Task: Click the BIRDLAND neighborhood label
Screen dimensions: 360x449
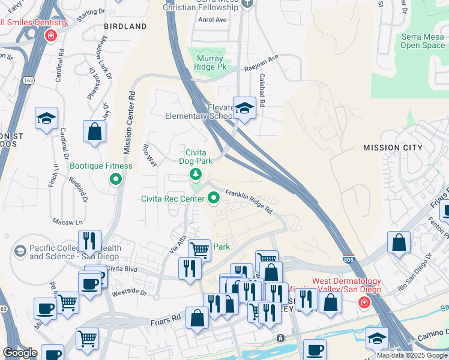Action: (125, 27)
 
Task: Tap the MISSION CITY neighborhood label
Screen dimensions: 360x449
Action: (393, 148)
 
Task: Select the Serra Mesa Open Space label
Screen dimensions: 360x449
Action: (423, 41)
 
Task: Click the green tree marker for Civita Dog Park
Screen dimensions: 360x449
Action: (195, 175)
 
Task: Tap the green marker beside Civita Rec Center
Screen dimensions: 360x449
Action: (213, 197)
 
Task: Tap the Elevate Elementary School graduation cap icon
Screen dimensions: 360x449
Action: (244, 109)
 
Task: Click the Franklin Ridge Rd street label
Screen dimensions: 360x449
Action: (249, 202)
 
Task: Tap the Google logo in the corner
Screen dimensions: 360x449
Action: (20, 353)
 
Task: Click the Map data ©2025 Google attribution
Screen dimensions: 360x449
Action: (412, 355)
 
